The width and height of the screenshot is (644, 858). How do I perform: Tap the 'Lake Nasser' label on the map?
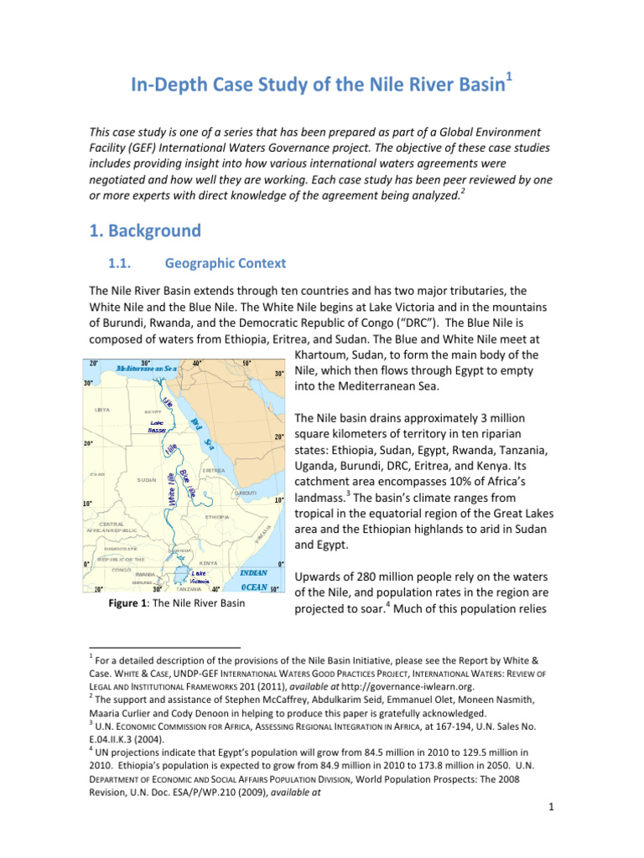point(157,426)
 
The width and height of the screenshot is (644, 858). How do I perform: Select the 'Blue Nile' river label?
point(187,485)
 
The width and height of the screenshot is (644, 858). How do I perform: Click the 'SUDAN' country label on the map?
point(147,480)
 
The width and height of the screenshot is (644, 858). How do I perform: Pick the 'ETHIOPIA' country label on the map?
point(220,517)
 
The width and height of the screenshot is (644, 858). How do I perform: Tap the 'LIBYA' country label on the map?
point(102,411)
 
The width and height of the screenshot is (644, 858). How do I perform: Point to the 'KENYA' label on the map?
point(209,563)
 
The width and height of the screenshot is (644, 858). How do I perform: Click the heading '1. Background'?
point(145,230)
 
